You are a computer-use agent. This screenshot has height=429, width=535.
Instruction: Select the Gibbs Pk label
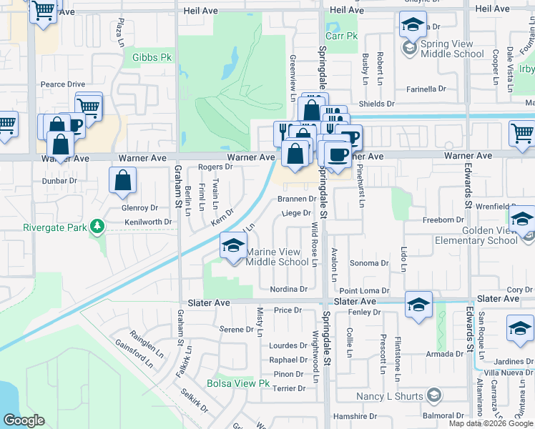[x=148, y=56]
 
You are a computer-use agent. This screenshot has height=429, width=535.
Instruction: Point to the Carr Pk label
[x=341, y=36]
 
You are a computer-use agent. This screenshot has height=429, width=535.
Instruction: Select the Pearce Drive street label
[x=63, y=84]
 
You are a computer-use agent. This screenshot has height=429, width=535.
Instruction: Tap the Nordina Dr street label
[x=289, y=290]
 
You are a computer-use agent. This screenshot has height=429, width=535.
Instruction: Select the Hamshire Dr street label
[x=355, y=416]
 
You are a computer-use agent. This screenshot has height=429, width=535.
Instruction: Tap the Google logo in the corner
[x=24, y=420]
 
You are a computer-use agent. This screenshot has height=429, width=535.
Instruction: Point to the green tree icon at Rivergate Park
[x=95, y=228]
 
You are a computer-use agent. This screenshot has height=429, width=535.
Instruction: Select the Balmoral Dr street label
[x=443, y=415]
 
